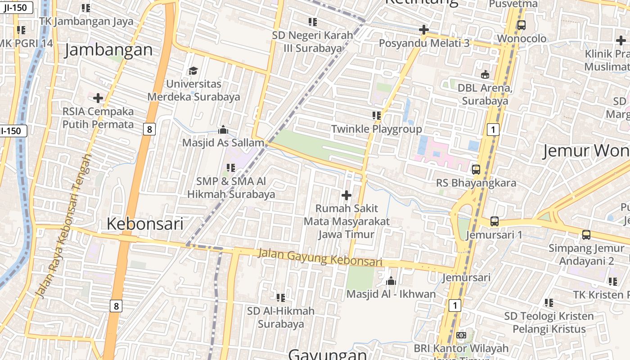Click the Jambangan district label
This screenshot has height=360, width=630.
tap(108, 50)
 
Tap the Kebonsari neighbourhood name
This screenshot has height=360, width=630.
tap(145, 224)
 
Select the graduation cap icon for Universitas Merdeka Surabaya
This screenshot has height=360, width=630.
tap(193, 71)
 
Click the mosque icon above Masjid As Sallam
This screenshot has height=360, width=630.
tap(223, 130)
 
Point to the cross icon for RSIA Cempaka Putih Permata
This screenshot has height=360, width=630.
tap(98, 98)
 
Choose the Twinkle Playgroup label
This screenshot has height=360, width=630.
tap(377, 129)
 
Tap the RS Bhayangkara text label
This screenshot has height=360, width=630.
tap(476, 183)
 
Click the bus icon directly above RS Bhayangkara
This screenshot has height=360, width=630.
tap(476, 170)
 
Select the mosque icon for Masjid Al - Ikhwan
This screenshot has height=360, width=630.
tap(391, 281)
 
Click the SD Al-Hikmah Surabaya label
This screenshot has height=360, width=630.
tap(281, 317)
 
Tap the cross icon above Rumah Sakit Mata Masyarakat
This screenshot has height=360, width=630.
tap(346, 195)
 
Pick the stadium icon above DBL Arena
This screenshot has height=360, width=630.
tap(485, 75)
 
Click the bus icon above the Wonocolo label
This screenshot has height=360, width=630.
tap(521, 25)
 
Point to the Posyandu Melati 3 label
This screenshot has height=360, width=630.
tap(424, 43)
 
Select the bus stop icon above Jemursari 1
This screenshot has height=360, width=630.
tap(494, 221)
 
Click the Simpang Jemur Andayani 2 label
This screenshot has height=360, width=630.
tap(586, 255)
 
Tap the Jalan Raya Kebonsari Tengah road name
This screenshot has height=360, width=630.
tap(63, 226)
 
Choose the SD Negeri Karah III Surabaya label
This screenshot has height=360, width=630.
tap(312, 41)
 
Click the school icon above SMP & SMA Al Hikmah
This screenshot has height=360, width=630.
tap(231, 168)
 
